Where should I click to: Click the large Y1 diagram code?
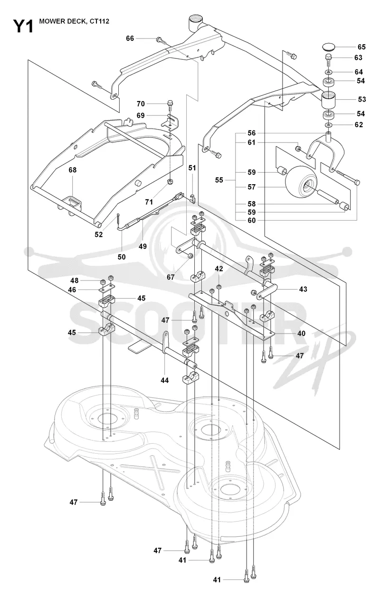tap(23, 27)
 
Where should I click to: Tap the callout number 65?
tap(361, 47)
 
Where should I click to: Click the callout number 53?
tap(362, 99)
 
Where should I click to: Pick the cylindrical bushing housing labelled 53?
tap(328, 99)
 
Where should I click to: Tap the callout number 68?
tap(73, 170)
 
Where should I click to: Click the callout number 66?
tap(130, 38)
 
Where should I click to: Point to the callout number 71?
tap(149, 202)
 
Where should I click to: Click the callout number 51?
tap(192, 168)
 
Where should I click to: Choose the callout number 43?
tap(303, 289)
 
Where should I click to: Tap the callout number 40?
tap(301, 334)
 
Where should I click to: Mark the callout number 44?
tap(165, 380)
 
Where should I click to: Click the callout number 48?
tap(74, 280)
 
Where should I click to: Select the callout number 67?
tap(171, 277)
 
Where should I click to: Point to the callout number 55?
tap(219, 180)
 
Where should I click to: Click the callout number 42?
tap(219, 269)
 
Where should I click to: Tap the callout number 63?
tap(358, 58)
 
